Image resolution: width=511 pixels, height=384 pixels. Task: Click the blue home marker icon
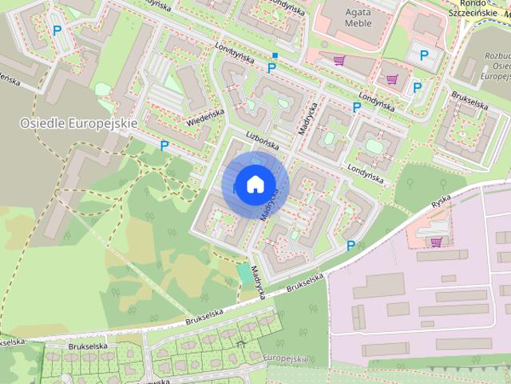(254, 184)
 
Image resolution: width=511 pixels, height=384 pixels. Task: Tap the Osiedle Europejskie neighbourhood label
(79, 123)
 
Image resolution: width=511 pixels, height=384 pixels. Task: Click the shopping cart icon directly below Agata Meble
(339, 59)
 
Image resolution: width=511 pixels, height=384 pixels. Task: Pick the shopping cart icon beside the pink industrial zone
(436, 241)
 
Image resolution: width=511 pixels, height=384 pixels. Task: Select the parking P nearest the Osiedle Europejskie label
(164, 146)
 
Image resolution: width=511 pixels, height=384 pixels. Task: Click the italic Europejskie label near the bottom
(284, 359)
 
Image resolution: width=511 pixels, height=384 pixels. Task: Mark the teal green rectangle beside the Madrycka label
(244, 272)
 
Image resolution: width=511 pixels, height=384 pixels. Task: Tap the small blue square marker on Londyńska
(275, 55)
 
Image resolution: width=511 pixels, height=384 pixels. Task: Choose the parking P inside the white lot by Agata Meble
(423, 55)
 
